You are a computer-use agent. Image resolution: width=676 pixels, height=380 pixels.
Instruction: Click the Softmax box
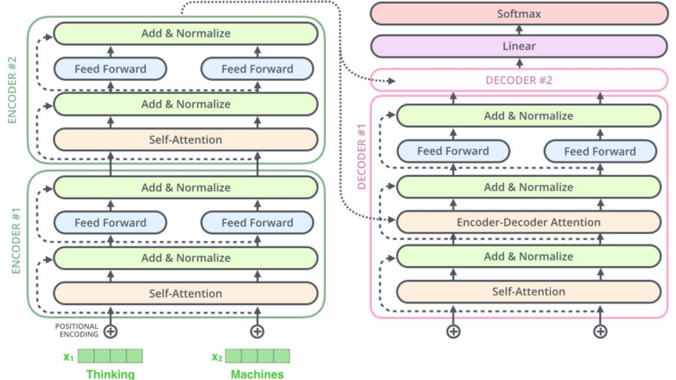tap(519, 14)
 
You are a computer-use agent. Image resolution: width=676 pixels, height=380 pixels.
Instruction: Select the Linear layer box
tap(519, 46)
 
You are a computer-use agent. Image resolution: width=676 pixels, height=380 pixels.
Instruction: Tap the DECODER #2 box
tap(519, 80)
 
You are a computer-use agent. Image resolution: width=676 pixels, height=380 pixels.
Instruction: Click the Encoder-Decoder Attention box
tap(528, 222)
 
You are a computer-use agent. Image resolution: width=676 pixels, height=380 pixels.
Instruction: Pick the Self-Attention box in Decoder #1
tap(528, 292)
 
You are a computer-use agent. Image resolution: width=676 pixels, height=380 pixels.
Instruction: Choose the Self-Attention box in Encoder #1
tap(185, 293)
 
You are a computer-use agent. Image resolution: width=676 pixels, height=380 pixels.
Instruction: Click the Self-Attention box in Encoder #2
tap(185, 140)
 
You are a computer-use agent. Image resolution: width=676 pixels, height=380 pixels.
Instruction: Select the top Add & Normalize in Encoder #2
tap(185, 34)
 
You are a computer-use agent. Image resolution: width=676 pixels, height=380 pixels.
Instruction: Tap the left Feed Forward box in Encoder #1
tap(110, 223)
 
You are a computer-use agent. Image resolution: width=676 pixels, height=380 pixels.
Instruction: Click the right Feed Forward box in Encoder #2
tap(257, 69)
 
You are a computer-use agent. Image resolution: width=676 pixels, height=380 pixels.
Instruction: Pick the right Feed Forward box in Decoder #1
tap(600, 151)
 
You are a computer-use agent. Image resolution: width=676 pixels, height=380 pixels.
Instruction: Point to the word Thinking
tap(110, 374)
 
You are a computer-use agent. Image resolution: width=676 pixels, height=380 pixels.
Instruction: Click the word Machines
tap(257, 374)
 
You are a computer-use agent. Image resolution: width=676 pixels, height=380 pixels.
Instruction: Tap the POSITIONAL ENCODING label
tap(77, 331)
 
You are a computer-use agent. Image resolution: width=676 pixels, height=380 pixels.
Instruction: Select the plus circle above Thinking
tap(110, 331)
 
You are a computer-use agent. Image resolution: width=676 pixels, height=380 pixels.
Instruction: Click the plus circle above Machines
tap(257, 331)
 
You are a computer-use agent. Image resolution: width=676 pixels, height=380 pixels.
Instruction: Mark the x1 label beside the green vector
tap(68, 357)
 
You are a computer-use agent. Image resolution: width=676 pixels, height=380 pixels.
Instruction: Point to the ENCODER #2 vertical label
tap(12, 90)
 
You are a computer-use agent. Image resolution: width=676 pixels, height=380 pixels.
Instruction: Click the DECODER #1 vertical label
tap(361, 157)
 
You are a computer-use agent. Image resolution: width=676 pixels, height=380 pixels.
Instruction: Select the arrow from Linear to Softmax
tap(519, 30)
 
